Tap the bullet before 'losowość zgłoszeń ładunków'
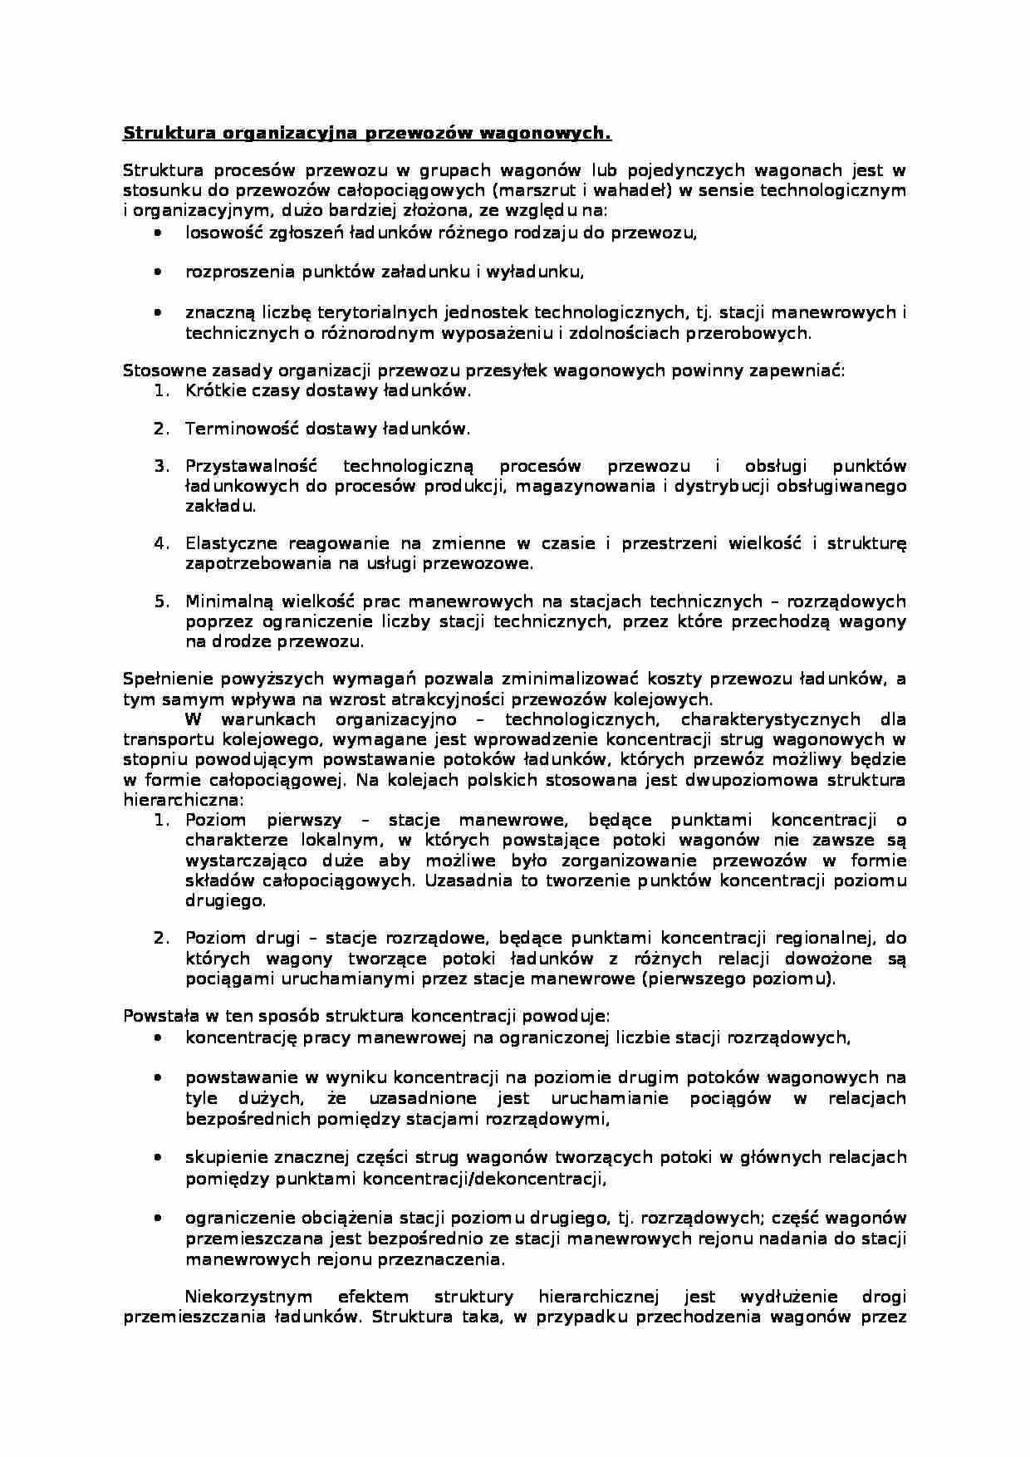click(158, 233)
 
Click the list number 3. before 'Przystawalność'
click(162, 465)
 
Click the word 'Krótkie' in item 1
click(212, 390)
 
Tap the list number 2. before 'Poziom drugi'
click(162, 938)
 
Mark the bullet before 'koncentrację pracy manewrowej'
click(158, 1038)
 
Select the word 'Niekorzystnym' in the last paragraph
click(248, 1297)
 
